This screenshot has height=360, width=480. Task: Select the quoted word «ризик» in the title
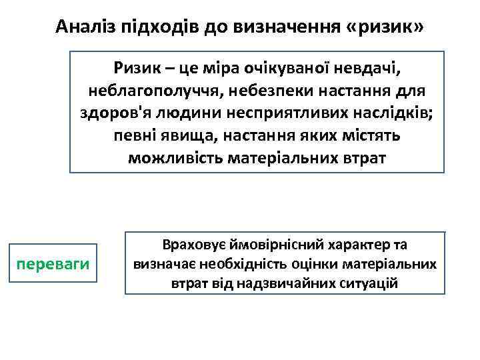click(x=385, y=26)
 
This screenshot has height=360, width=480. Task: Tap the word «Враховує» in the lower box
click(x=187, y=245)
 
